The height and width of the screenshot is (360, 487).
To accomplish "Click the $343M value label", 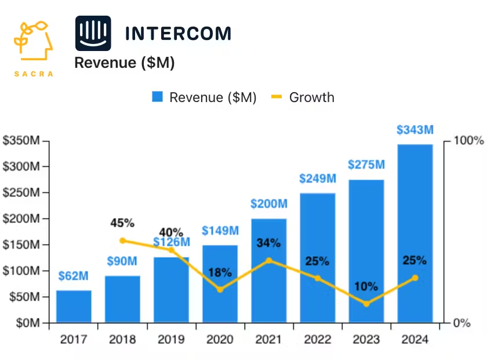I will tap(415, 130).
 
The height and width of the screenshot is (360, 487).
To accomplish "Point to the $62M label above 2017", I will tap(74, 276).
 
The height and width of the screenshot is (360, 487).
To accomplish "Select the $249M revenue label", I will tap(317, 179).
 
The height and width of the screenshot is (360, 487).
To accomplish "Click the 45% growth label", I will tap(122, 223).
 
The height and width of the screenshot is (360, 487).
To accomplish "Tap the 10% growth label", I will tap(366, 286).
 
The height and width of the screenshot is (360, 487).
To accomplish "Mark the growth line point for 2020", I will tap(220, 289).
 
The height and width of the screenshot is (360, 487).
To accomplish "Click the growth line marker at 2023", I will tap(366, 304).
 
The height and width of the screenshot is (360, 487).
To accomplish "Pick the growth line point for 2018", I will tap(122, 241).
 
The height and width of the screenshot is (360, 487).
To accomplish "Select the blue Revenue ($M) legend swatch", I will tap(158, 97).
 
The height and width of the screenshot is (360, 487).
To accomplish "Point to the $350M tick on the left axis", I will tap(21, 141).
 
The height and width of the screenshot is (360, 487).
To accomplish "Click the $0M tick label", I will tap(27, 323).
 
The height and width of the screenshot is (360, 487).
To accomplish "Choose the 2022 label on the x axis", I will tap(317, 340).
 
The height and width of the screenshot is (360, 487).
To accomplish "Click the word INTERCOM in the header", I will tap(178, 34).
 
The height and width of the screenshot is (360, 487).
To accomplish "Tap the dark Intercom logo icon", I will tap(93, 33).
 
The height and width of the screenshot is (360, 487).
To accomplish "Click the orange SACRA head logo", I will tap(33, 43).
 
